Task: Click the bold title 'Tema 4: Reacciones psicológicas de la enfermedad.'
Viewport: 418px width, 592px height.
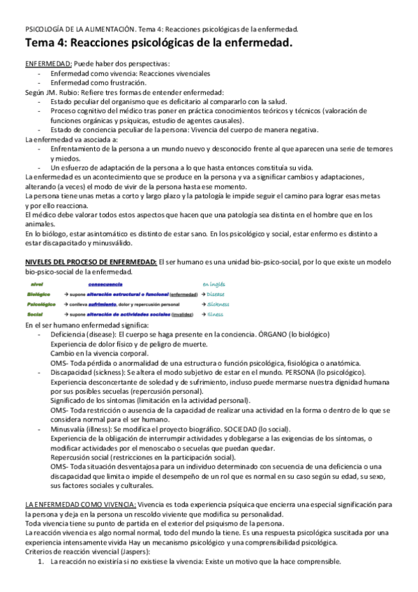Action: [158, 44]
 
